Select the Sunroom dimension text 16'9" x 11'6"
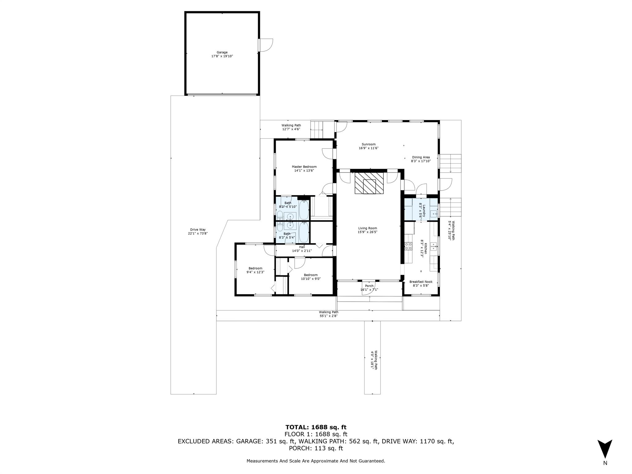368,148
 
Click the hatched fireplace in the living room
369,183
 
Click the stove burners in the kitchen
408,246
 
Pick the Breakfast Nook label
421,282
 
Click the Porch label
369,286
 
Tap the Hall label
302,247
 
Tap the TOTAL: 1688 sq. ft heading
316,427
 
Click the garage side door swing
266,45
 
